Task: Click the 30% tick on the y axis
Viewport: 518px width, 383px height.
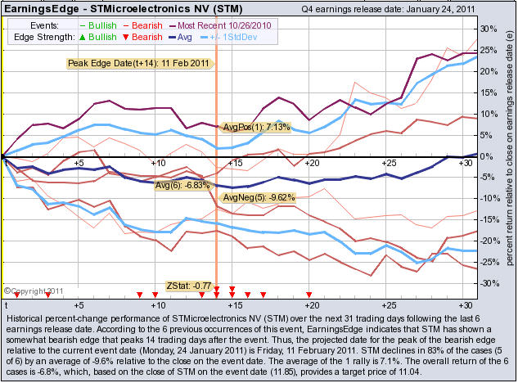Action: point(488,29)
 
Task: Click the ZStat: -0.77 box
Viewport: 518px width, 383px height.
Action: point(188,286)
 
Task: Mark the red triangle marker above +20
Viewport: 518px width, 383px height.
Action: point(309,293)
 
